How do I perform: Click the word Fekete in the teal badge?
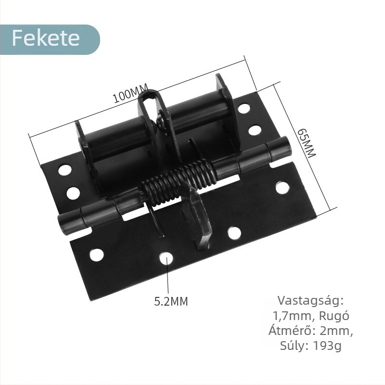[x=46, y=38]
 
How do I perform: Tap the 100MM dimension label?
[x=130, y=94]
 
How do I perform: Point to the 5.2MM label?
[x=171, y=302]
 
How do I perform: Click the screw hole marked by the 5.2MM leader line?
[x=167, y=259]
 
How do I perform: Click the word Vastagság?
[x=311, y=301]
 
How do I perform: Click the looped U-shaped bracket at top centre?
[x=152, y=103]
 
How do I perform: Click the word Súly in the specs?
[x=294, y=346]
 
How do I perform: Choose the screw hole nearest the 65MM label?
[x=282, y=188]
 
